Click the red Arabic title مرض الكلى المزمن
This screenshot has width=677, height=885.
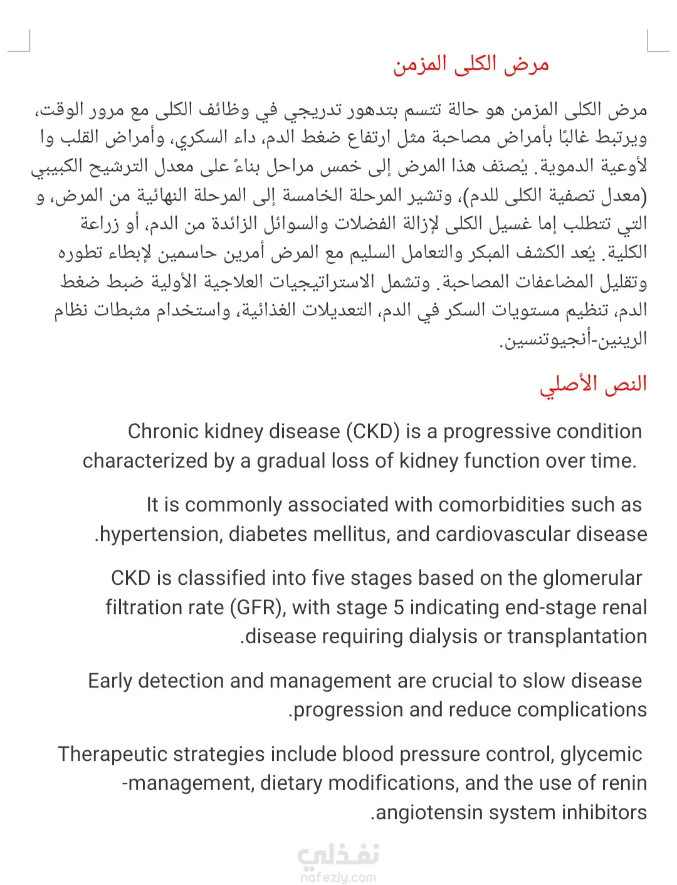(x=471, y=65)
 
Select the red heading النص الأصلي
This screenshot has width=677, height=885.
(x=593, y=384)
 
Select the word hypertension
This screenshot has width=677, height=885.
(x=160, y=535)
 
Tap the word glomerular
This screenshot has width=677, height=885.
(x=592, y=579)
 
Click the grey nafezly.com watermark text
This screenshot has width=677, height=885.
(x=338, y=877)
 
